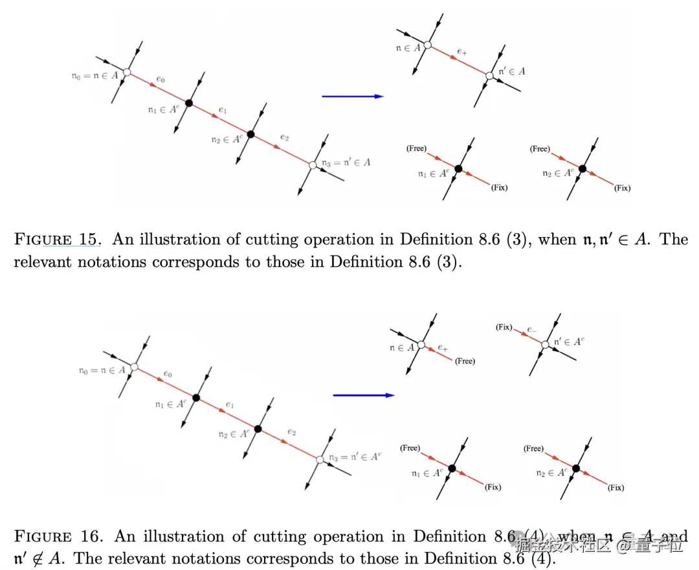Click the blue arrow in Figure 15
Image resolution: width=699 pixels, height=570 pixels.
(353, 97)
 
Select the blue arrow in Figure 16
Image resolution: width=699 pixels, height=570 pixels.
(363, 394)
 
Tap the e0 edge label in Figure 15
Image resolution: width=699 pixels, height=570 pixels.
(160, 80)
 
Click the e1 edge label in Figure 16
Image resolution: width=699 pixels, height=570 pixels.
(229, 405)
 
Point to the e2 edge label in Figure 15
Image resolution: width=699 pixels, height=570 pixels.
(284, 137)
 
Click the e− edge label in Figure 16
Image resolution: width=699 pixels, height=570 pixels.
(531, 330)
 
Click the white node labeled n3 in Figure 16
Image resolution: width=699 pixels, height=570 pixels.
(320, 459)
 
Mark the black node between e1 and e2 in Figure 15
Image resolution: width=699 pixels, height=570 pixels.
(251, 134)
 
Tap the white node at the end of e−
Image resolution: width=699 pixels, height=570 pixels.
(544, 345)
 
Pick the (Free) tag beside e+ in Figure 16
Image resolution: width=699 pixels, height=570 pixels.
(465, 361)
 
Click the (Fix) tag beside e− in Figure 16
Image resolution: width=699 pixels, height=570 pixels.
(504, 327)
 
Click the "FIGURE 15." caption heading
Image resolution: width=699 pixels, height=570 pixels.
(56, 240)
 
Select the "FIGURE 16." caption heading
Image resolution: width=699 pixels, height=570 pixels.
(58, 537)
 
